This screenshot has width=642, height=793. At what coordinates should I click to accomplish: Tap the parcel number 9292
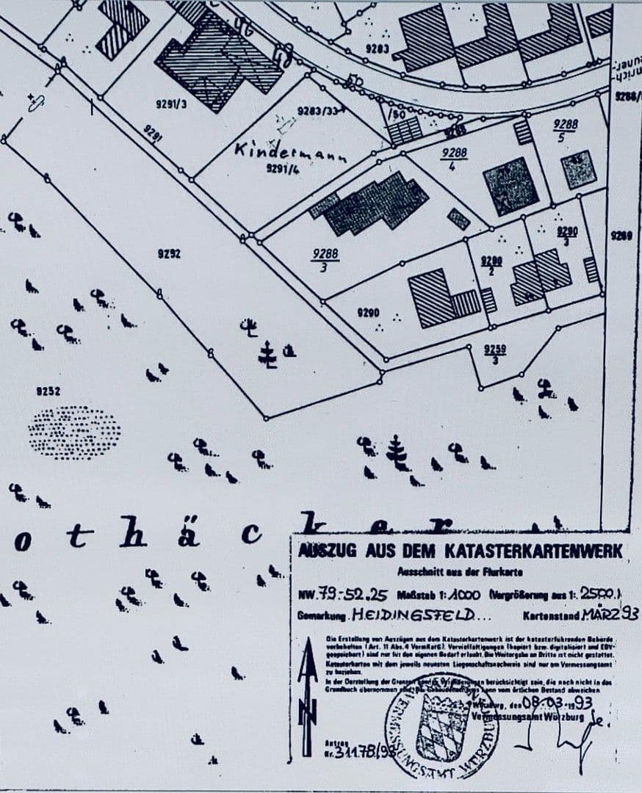coord(169,254)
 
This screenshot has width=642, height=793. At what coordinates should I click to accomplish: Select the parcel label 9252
coord(48,391)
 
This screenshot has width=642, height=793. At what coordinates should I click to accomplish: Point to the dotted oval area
coord(74,432)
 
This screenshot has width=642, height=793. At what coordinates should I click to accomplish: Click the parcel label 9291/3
coord(171,104)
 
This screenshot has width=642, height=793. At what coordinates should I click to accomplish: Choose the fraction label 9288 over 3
coord(325,260)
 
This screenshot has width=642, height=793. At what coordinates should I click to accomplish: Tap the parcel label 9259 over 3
coord(495,354)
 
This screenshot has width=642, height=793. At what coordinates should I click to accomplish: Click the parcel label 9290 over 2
coord(491,265)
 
